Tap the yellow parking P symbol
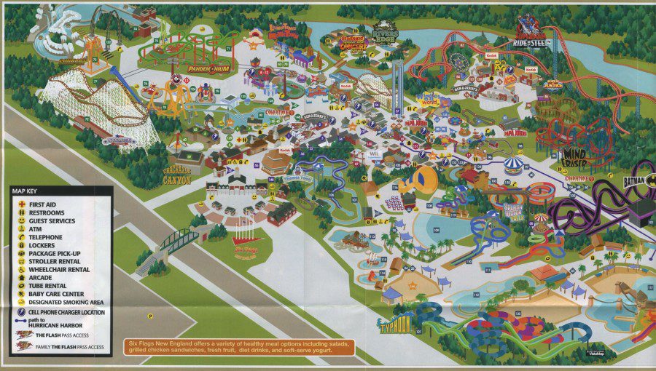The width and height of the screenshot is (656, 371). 150,316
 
